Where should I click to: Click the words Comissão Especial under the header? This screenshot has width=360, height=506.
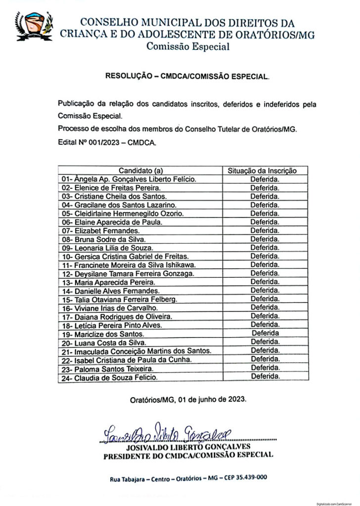(x=187, y=47)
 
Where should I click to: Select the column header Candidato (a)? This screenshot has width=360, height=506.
(x=140, y=170)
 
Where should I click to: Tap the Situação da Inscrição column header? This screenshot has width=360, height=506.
(x=262, y=170)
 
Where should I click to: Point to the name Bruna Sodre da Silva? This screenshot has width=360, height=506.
(x=103, y=239)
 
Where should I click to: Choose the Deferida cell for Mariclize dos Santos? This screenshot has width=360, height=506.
(x=265, y=334)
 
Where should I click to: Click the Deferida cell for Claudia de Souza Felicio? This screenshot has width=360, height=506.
(x=265, y=377)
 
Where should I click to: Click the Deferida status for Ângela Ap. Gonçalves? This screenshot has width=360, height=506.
(x=265, y=179)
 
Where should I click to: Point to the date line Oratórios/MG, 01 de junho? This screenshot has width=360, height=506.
(x=187, y=400)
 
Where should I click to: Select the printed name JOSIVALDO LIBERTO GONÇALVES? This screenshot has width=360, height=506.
(x=190, y=446)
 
